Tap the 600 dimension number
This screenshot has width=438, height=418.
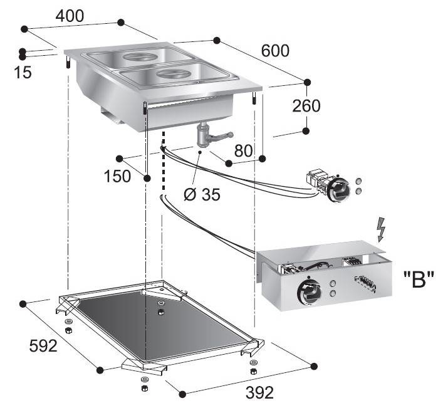coord(275,50)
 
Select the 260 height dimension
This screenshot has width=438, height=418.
coord(306,106)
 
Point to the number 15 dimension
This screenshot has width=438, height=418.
coord(22,73)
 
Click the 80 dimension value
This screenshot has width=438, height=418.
coord(244,150)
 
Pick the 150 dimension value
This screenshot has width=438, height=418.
coord(118,176)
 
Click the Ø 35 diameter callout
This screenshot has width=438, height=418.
coord(202,195)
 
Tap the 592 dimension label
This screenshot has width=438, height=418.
coord(43,345)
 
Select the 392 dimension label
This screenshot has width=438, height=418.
coord(259,393)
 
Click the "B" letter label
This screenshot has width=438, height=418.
coord(415,276)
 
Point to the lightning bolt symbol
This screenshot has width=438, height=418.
coord(381,230)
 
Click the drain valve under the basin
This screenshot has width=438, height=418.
coord(206,134)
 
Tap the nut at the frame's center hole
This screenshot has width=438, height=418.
coord(162,311)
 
